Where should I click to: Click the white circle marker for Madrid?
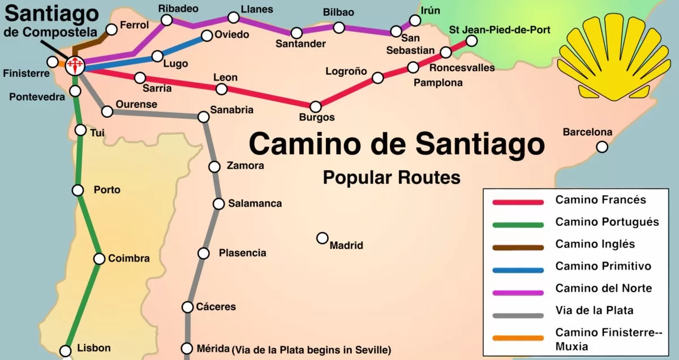(x=323, y=238)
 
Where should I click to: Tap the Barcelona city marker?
(x=602, y=147)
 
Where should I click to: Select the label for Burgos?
(x=317, y=118)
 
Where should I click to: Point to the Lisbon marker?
(x=66, y=350)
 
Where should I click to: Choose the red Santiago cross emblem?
(x=74, y=65)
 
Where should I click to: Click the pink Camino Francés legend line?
(x=518, y=202)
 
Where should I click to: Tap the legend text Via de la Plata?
(x=594, y=310)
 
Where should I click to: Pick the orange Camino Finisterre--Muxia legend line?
(x=518, y=338)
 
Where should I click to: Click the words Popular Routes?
(x=392, y=178)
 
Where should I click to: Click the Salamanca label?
(x=255, y=203)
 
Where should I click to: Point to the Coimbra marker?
(x=100, y=259)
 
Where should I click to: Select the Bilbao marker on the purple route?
(x=339, y=27)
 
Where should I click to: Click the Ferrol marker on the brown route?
(x=112, y=29)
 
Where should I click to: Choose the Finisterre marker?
(x=53, y=62)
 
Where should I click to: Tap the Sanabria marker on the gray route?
(x=204, y=117)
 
